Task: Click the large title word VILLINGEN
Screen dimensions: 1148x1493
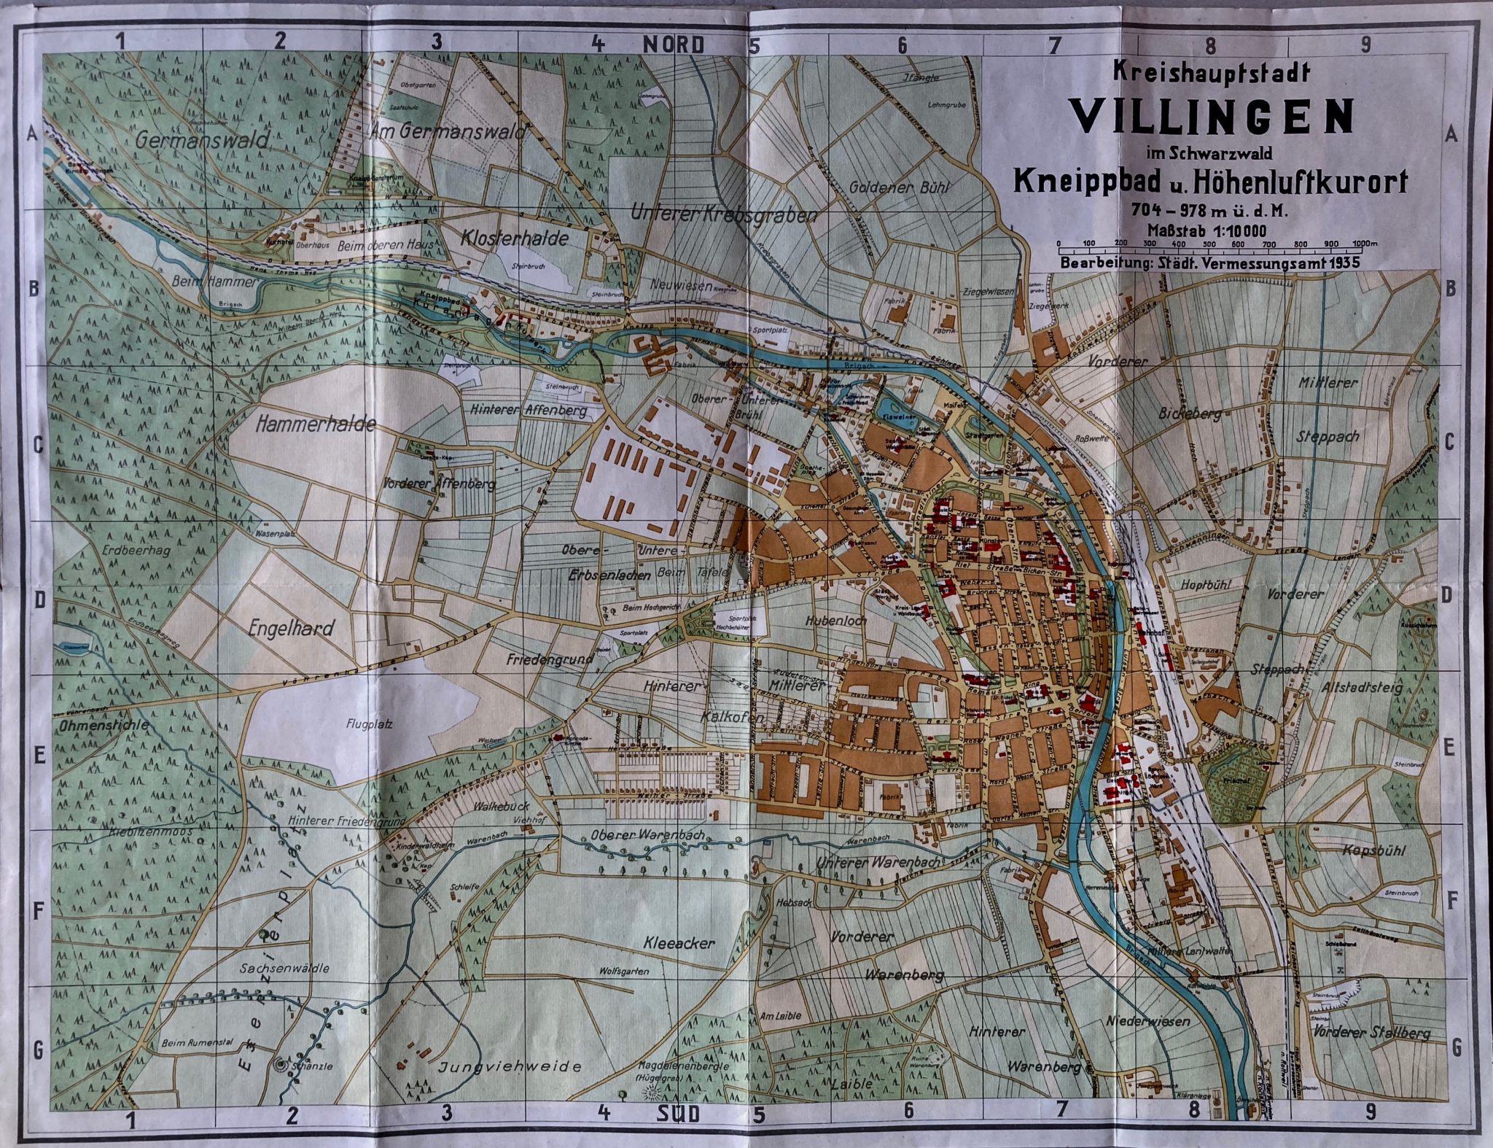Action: [x=1211, y=116]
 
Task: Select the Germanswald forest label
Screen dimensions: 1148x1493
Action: [x=202, y=139]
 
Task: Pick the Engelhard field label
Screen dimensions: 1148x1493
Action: [x=291, y=628]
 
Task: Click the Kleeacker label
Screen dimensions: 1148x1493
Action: [x=679, y=942]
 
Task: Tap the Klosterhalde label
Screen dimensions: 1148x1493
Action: [x=515, y=238]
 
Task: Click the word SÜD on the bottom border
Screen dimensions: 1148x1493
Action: [x=677, y=1114]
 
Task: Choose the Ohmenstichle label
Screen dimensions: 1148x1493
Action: [x=104, y=725]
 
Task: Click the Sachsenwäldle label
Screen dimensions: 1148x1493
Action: [x=285, y=969]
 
